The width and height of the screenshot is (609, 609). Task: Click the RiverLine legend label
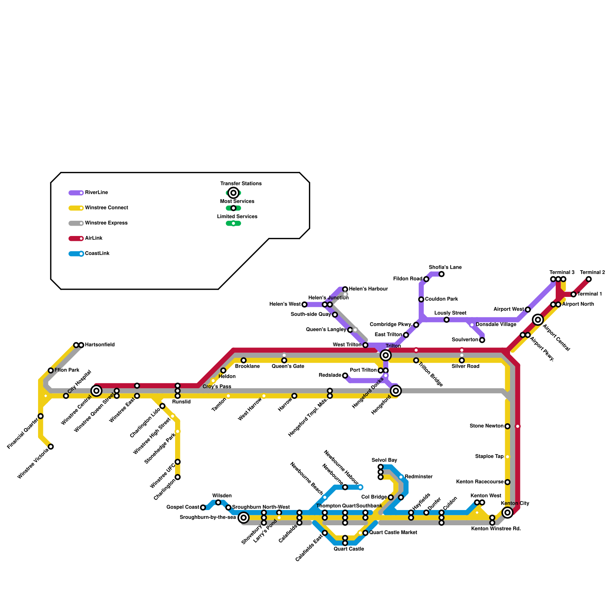[x=97, y=193]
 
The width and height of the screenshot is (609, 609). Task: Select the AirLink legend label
[x=94, y=238]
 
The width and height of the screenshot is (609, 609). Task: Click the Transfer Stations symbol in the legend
[x=233, y=193]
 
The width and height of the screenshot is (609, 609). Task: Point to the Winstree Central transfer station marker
[x=96, y=391]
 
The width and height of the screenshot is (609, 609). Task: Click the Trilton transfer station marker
[x=386, y=355]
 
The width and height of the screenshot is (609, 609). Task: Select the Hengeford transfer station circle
[x=396, y=391]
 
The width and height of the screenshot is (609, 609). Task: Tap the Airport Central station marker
[x=538, y=320]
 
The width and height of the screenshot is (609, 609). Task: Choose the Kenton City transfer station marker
[x=507, y=512]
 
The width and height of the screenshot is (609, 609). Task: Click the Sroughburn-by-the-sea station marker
[x=244, y=518]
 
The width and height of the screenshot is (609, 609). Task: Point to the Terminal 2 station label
[x=592, y=273]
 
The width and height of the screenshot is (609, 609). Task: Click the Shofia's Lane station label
[x=445, y=267]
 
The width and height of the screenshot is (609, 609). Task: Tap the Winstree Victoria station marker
[x=51, y=446]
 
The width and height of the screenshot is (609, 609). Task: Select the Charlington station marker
[x=177, y=477]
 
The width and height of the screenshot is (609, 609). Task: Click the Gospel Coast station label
[x=183, y=507]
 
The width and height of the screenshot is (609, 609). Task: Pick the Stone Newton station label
[x=486, y=426]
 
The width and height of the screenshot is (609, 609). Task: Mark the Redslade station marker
[x=345, y=376]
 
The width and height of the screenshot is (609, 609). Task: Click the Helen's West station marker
[x=304, y=304]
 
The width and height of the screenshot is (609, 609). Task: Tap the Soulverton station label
[x=465, y=340]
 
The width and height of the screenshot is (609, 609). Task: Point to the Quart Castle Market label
[x=393, y=532]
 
